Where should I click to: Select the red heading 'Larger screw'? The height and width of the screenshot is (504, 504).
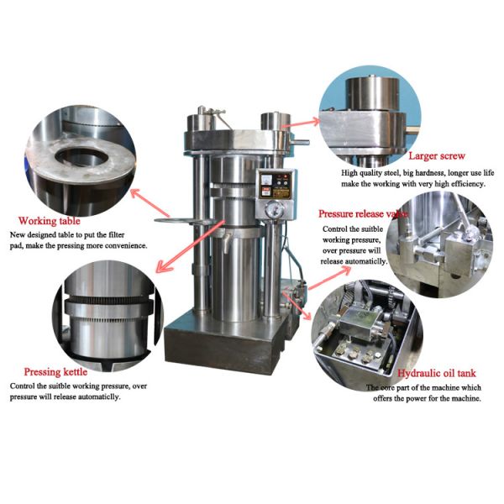pos(436,156)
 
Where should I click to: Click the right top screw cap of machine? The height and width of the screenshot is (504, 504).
pos(270,119)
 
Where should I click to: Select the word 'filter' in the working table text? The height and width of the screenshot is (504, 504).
pos(122,235)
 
